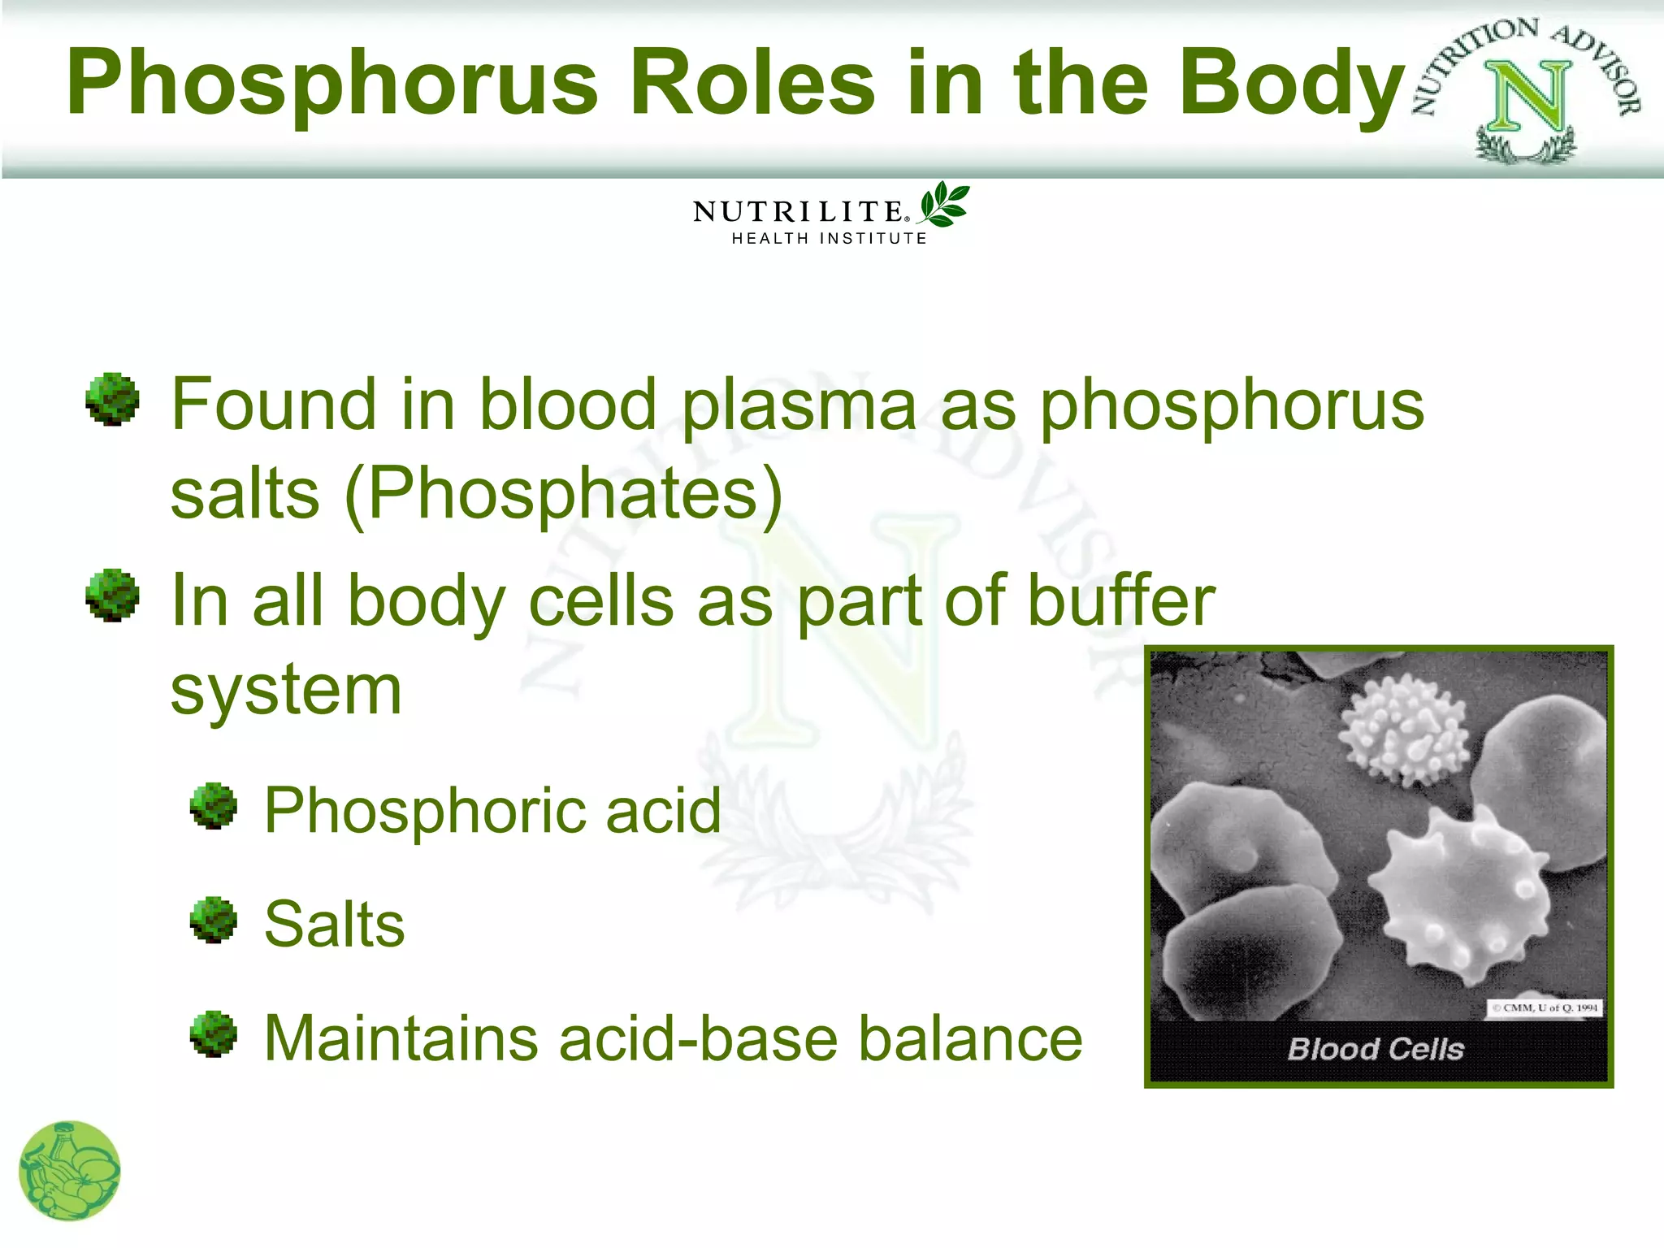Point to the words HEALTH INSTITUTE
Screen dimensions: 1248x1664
click(x=829, y=239)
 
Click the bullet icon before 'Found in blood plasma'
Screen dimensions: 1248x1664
click(x=112, y=399)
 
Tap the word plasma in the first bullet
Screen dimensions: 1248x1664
click(x=799, y=405)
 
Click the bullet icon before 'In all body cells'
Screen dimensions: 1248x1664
click(x=112, y=596)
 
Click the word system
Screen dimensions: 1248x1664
click(x=286, y=690)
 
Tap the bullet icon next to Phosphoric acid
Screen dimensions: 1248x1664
click(x=214, y=806)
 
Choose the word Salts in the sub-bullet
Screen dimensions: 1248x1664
click(x=334, y=924)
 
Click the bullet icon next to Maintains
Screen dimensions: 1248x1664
click(x=214, y=1034)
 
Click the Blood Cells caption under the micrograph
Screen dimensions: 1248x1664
click(x=1376, y=1049)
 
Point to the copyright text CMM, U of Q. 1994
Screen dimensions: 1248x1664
click(x=1545, y=1007)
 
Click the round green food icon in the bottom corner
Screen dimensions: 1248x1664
click(x=70, y=1171)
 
